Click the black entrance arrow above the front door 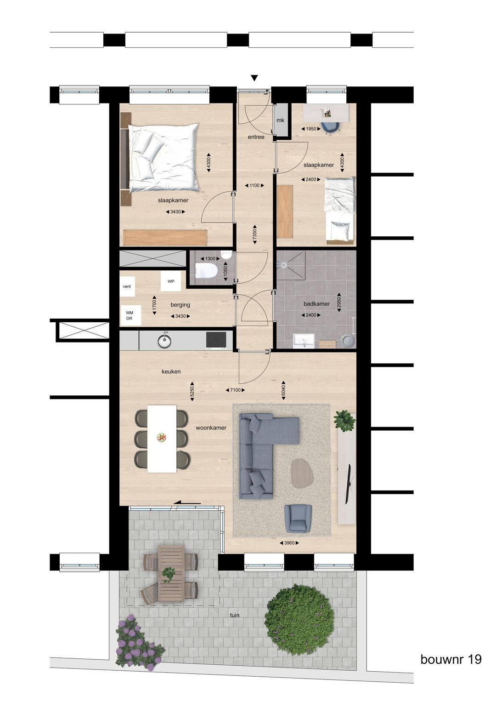254,78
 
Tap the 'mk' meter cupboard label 280,120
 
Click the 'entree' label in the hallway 256,137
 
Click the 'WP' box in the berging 171,281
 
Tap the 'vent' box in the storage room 127,286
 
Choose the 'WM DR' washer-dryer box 130,315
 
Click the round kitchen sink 164,341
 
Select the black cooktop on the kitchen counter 216,340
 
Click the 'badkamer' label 316,304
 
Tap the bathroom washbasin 304,341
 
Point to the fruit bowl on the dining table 161,438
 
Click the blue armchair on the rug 298,519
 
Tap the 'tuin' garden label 235,615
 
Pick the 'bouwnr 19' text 451,659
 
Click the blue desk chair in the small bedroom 329,127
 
